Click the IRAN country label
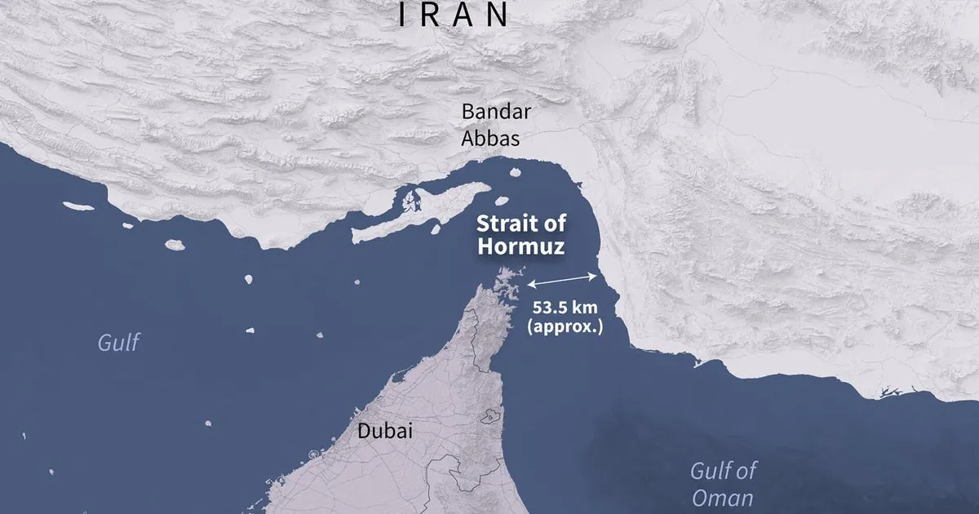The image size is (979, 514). pos(453,14)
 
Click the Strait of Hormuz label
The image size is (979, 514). pos(521,235)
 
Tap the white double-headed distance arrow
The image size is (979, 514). pos(562,281)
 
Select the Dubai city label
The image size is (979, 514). pos(384,432)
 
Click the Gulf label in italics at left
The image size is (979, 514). pos(118,343)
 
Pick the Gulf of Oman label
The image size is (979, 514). pos(723,484)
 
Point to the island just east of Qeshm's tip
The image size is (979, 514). pos(501,200)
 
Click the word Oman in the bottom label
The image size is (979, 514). pos(722,498)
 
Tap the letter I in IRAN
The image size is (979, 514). pos(403,14)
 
